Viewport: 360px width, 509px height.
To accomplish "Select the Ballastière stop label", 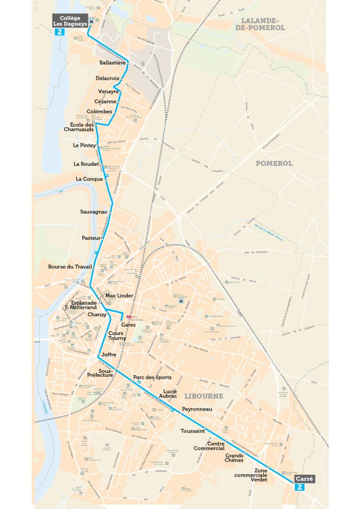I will [112, 63].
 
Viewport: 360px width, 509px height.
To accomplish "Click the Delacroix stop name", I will [108, 79].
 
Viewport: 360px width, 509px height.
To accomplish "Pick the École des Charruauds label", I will [82, 127].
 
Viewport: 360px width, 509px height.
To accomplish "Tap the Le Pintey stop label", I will [84, 145].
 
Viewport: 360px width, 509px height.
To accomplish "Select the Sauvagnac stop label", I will [94, 212].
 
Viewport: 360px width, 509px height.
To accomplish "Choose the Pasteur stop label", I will [91, 238].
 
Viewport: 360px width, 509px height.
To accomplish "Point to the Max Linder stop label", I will [119, 296].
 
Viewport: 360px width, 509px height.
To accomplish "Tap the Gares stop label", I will [128, 325].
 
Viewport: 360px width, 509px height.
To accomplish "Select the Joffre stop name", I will [108, 354].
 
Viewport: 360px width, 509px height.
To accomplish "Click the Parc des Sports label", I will [152, 377].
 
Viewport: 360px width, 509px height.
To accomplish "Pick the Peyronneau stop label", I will [197, 409].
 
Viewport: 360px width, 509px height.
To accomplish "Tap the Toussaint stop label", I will [193, 431].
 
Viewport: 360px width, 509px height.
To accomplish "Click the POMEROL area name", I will [274, 163].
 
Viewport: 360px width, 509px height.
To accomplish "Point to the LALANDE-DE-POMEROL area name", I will [263, 24].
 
